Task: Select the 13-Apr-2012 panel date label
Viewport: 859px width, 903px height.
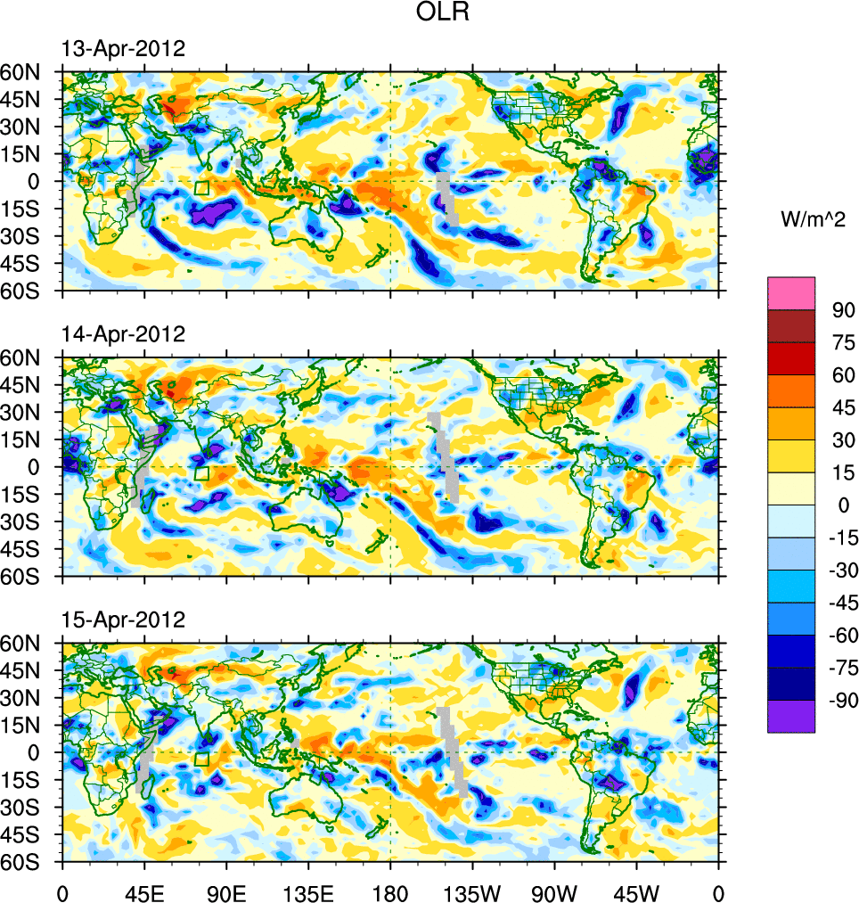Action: point(123,49)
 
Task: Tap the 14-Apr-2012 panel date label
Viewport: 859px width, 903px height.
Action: point(123,334)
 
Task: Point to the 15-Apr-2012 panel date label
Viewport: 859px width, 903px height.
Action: point(123,620)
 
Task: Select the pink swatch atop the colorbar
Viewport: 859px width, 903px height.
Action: point(791,293)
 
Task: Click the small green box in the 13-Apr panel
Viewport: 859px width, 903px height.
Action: point(201,188)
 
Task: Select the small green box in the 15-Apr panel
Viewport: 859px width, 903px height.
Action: point(201,759)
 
